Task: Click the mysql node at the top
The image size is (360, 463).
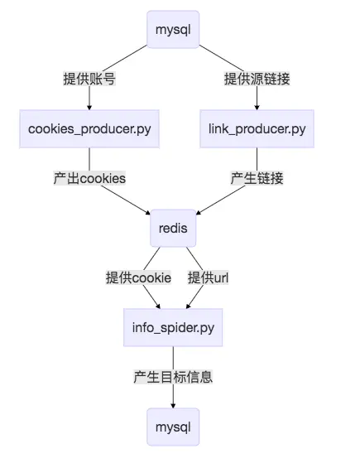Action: [x=173, y=29]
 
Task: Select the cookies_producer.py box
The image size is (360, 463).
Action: [x=89, y=128]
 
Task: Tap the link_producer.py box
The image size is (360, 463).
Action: [x=257, y=128]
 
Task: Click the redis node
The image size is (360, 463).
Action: [x=173, y=228]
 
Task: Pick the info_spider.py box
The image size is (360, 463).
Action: [x=173, y=327]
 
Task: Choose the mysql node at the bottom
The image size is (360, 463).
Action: [x=173, y=427]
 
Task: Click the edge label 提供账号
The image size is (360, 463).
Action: [x=89, y=79]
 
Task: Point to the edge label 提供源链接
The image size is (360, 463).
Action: [x=257, y=79]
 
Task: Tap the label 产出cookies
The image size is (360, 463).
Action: [x=89, y=178]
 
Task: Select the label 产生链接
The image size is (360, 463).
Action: [x=257, y=178]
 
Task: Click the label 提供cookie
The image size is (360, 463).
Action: [x=138, y=277]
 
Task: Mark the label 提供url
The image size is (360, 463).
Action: [x=208, y=277]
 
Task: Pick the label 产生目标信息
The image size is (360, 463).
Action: [x=173, y=377]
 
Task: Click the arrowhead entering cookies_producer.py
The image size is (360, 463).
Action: [x=89, y=108]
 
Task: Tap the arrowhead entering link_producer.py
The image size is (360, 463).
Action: [x=257, y=108]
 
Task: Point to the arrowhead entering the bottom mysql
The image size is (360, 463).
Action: [x=173, y=406]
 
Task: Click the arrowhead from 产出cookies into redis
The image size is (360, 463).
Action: [x=148, y=212]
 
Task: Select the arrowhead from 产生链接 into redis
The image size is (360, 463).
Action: [x=199, y=212]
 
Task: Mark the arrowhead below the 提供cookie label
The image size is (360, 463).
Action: [x=158, y=306]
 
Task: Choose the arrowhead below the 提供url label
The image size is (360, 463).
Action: [x=188, y=306]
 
